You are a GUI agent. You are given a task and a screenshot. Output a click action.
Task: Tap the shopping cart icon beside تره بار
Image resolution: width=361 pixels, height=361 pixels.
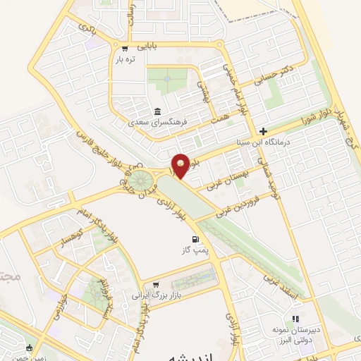pos(125,49)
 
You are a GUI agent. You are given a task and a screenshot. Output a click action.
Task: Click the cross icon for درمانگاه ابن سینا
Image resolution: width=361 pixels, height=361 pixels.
pos(263,131)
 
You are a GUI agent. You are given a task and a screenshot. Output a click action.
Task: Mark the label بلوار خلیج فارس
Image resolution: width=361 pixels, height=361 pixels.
pos(100,149)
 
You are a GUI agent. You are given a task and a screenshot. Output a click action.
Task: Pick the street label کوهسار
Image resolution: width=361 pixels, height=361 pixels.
pos(62,241)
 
